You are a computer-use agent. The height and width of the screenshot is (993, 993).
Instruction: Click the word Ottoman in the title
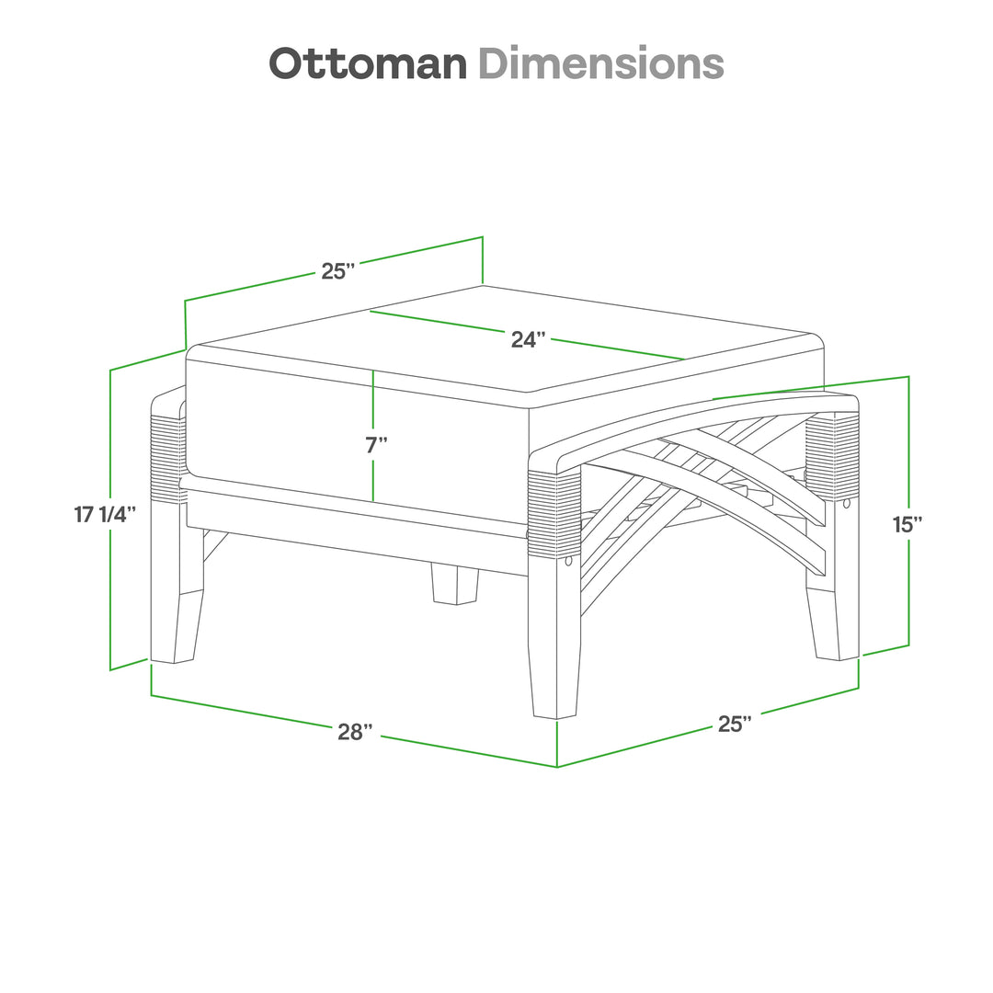click(368, 63)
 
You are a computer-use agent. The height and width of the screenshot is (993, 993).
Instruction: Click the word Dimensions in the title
click(600, 63)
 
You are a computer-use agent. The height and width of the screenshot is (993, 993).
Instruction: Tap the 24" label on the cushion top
click(529, 339)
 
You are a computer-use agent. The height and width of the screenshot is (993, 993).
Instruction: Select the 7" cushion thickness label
click(376, 446)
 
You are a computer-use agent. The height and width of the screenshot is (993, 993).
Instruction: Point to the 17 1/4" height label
click(106, 514)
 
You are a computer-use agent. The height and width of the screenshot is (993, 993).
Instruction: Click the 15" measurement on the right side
click(907, 524)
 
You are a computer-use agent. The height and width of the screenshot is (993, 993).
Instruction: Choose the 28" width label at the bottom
click(355, 732)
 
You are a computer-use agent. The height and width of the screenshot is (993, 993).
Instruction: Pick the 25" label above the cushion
click(337, 271)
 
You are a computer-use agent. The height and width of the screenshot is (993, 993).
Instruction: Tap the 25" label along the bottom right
click(735, 724)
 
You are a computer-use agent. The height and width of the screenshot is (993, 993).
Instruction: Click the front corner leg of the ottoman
click(556, 644)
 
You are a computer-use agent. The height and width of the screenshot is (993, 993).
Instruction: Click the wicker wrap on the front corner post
click(554, 515)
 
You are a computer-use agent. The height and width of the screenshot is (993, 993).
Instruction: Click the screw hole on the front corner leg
click(568, 561)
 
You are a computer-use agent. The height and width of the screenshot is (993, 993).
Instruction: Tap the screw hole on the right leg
click(846, 504)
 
